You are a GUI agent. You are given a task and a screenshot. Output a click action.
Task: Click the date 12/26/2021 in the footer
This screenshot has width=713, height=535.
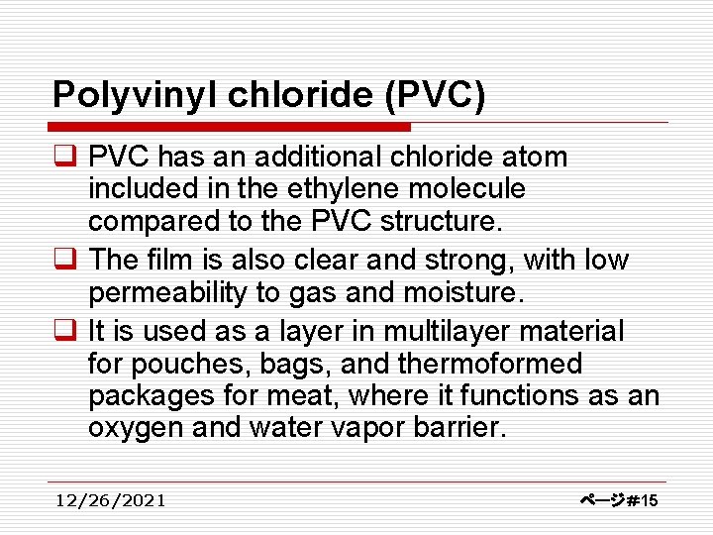[111, 500]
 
